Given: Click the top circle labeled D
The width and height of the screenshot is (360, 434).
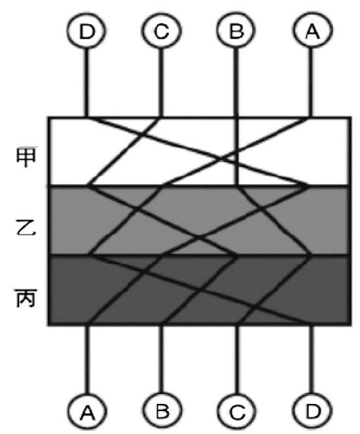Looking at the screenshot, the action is tap(86, 31).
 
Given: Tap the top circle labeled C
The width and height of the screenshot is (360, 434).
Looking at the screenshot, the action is tap(161, 31).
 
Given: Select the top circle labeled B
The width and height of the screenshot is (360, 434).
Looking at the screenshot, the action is tap(236, 31).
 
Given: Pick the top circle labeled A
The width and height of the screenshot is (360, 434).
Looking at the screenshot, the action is tap(312, 31).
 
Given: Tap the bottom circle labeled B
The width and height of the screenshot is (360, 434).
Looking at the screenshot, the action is tap(162, 411).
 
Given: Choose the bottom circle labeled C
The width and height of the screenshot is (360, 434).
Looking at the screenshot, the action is tap(237, 411).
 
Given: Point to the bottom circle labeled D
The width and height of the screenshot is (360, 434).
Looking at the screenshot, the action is tap(312, 411).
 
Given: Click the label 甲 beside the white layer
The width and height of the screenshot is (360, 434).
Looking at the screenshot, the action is tap(26, 157).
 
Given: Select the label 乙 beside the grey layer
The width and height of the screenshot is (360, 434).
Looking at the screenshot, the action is tap(26, 227).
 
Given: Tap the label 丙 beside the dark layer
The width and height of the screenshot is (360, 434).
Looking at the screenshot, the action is tap(26, 298).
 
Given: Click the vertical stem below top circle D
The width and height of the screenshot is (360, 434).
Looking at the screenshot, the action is tap(86, 83).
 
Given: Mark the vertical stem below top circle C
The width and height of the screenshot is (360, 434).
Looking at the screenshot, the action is tap(161, 83).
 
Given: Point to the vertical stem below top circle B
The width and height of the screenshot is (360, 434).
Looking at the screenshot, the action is tap(236, 83).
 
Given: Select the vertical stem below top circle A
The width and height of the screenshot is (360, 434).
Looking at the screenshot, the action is tap(312, 83).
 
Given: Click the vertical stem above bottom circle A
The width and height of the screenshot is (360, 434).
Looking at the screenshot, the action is tap(87, 359).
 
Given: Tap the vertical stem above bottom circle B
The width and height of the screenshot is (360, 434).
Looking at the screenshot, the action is tap(162, 359).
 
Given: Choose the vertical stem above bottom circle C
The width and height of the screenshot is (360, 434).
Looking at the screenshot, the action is tap(237, 359).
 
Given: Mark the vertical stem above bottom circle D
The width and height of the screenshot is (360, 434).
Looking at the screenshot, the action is tap(312, 359).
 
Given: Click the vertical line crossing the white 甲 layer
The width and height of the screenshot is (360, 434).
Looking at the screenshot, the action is tap(236, 151).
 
